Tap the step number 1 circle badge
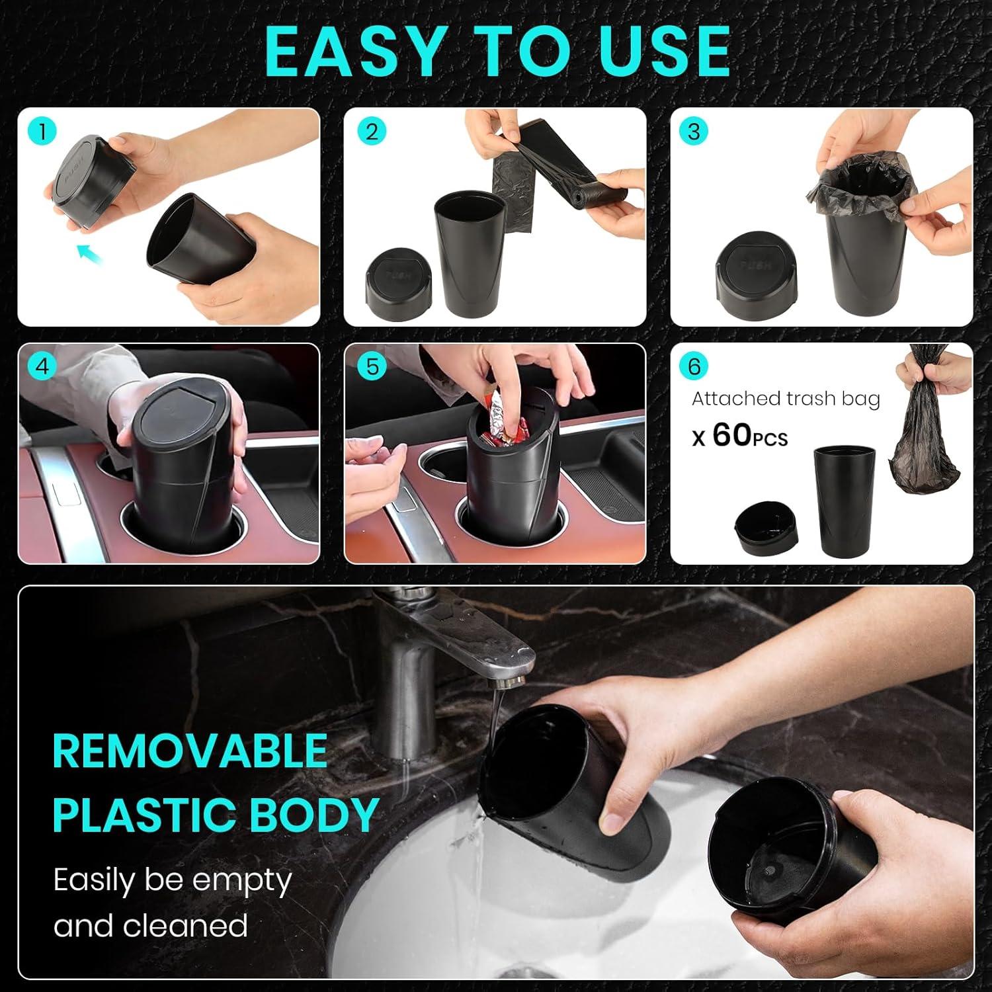tap(42, 132)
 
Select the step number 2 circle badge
tap(371, 132)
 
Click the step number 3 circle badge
tap(693, 132)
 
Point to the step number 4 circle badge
tap(42, 366)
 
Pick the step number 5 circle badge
tap(372, 366)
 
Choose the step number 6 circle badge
tap(694, 366)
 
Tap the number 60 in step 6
tap(732, 434)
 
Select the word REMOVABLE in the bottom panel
tap(190, 751)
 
